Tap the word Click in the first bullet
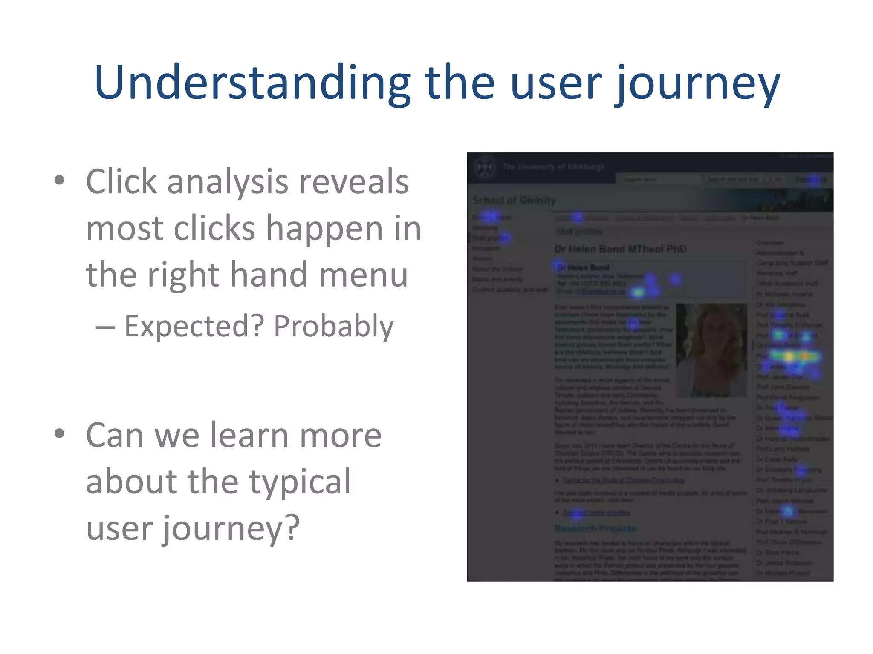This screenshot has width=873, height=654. (x=121, y=182)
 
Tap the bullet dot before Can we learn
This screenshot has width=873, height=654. (x=60, y=434)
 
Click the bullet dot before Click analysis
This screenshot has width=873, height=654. (x=60, y=180)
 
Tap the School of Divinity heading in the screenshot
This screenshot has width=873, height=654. (x=514, y=200)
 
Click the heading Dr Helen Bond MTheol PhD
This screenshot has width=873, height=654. (x=620, y=249)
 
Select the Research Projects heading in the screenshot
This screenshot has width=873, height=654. (x=595, y=528)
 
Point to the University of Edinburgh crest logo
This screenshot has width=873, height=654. (x=485, y=167)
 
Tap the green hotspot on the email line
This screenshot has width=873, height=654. (x=638, y=292)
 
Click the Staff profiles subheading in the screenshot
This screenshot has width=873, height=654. (x=579, y=232)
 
